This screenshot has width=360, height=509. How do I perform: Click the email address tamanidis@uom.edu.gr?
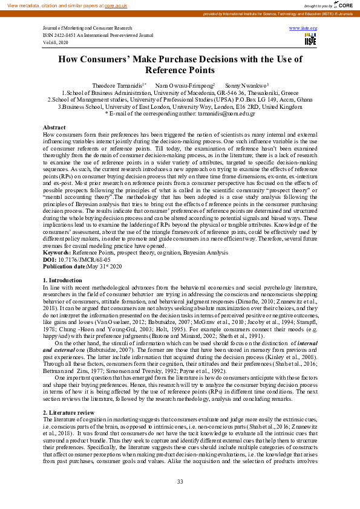click(x=221, y=113)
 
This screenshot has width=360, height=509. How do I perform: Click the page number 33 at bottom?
click(x=180, y=481)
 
